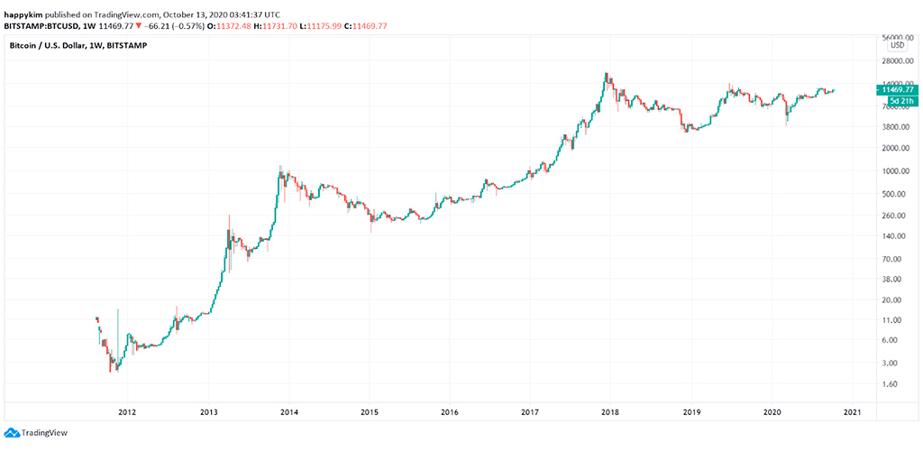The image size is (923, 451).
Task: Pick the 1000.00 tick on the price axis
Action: click(896, 171)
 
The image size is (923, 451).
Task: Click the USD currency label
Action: click(897, 46)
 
